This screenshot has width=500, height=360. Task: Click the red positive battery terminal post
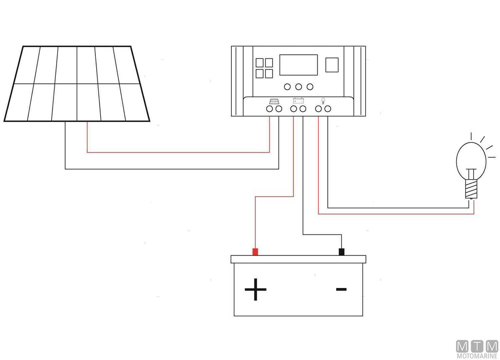[x=255, y=252]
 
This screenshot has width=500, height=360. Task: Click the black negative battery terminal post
[x=341, y=252]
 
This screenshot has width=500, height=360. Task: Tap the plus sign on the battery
[x=255, y=289]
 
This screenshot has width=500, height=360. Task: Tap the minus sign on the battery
[x=341, y=289]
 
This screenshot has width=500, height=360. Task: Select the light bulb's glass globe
[x=471, y=157]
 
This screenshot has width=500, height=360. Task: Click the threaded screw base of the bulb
[x=471, y=188]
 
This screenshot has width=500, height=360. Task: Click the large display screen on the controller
[x=298, y=65]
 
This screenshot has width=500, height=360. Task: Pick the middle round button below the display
[x=299, y=87]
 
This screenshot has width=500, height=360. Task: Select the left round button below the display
[x=287, y=87]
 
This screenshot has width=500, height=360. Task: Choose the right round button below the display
[x=310, y=87]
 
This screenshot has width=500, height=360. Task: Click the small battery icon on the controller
[x=298, y=101]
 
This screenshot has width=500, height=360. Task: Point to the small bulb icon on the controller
[x=323, y=101]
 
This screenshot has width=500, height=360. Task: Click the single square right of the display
[x=332, y=65]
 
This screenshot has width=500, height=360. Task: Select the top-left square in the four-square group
[x=260, y=63]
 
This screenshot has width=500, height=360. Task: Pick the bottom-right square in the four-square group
[x=269, y=73]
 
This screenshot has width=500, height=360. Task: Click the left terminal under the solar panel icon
[x=269, y=109]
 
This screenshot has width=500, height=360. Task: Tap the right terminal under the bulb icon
[x=328, y=109]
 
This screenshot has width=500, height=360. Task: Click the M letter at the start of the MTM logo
[x=462, y=347]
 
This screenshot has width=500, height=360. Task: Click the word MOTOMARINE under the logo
[x=477, y=356]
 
